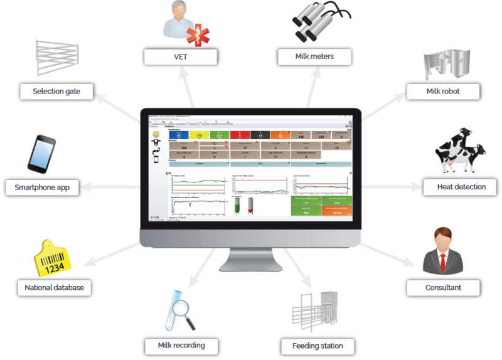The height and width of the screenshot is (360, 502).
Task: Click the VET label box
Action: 180,57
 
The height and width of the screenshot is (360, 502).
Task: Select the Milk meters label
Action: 314,57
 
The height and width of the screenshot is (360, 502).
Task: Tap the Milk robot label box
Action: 443,92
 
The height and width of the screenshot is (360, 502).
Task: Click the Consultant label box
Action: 444,288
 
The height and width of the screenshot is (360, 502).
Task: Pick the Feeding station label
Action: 318,346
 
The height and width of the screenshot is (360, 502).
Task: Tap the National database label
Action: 54,289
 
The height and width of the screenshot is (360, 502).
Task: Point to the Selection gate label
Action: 56,92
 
